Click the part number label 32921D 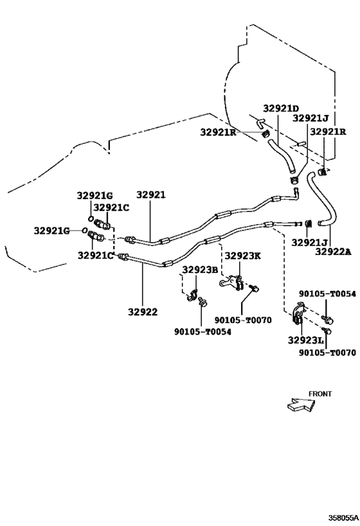(x=281, y=109)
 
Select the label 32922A (x=333, y=251)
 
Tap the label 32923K (x=242, y=256)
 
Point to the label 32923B (x=200, y=270)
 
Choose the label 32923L (x=305, y=340)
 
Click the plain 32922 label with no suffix (x=142, y=312)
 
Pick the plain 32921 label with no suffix (x=151, y=195)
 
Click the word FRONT (x=320, y=394)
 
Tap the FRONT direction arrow (x=301, y=405)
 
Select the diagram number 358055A (x=343, y=518)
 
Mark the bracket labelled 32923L (x=298, y=314)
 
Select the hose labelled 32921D (x=282, y=156)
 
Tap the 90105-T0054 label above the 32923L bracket (x=327, y=294)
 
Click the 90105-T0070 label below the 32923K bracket (x=243, y=320)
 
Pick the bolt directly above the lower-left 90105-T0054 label (x=203, y=302)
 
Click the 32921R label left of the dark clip (x=219, y=132)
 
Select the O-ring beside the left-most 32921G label (x=85, y=230)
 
